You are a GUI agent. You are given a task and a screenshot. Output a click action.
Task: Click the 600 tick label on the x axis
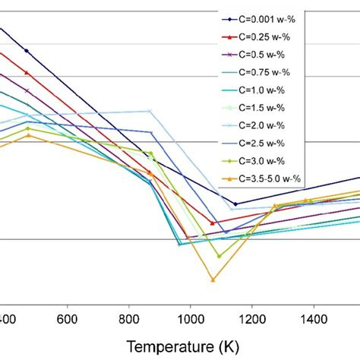(x=68, y=318)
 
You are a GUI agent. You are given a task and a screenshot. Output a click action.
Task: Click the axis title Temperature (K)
(x=182, y=346)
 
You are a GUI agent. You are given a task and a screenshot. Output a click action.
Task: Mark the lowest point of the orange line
(x=213, y=280)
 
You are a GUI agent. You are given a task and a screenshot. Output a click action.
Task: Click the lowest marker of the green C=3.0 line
(x=219, y=256)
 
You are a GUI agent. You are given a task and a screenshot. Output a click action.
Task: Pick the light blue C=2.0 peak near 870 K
(x=150, y=111)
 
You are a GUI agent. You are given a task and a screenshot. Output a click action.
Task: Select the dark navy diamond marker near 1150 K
(x=235, y=204)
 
